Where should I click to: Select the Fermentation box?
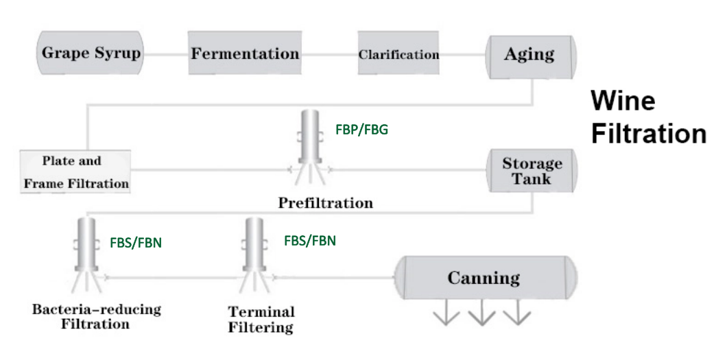pyautogui.click(x=244, y=53)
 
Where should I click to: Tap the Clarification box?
pyautogui.click(x=398, y=53)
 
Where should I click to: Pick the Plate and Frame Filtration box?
pyautogui.click(x=75, y=172)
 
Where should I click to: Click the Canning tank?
pyautogui.click(x=484, y=278)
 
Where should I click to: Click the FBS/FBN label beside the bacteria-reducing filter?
pyautogui.click(x=136, y=242)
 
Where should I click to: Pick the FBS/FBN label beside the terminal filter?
pyautogui.click(x=309, y=241)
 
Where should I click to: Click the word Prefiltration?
pyautogui.click(x=325, y=203)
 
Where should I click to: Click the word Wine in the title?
pyautogui.click(x=623, y=101)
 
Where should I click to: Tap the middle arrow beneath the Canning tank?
pyautogui.click(x=483, y=315)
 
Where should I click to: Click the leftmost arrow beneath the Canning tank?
pyautogui.click(x=446, y=315)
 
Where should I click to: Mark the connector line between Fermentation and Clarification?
pyautogui.click(x=329, y=53)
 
